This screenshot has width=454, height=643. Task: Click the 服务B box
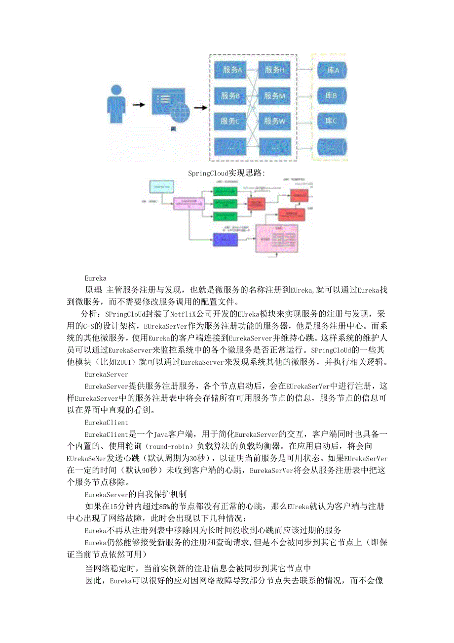click(230, 96)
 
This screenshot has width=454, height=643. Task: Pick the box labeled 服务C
click(230, 121)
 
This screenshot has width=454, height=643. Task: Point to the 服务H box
click(275, 70)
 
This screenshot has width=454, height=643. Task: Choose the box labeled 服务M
click(275, 96)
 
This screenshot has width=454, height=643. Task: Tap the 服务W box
click(275, 121)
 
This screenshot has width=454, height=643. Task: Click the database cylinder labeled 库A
click(332, 71)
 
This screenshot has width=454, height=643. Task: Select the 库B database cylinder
click(332, 96)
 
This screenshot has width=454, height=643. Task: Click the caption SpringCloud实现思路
click(227, 173)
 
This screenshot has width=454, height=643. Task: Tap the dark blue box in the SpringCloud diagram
click(225, 239)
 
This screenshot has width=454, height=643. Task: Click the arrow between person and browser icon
click(139, 105)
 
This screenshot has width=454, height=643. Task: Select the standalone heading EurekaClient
click(106, 423)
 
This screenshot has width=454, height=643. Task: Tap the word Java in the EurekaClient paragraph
click(161, 434)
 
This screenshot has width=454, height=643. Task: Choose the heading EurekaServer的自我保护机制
click(135, 494)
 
